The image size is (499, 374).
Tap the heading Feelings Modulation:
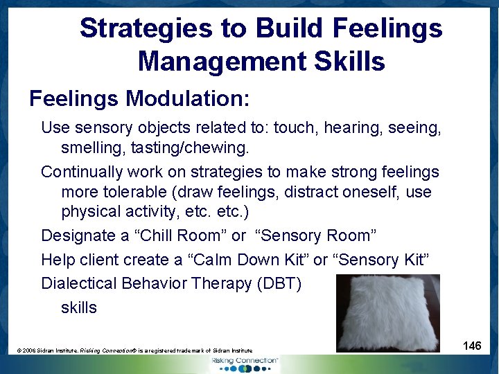coord(139,99)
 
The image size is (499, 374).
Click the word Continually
coord(82,171)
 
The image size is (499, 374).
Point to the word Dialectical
coord(78,283)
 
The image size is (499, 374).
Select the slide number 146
coord(472,346)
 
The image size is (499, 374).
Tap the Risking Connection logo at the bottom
coord(245,364)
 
